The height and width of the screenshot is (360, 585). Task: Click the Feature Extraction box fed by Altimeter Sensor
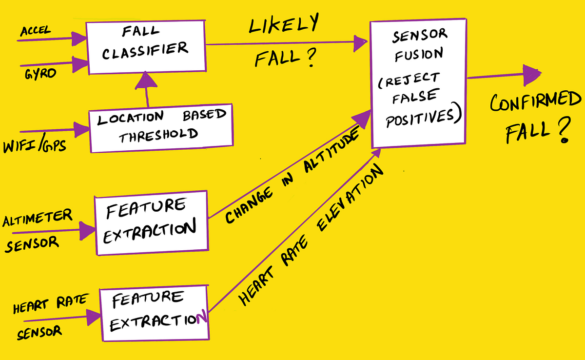point(151,224)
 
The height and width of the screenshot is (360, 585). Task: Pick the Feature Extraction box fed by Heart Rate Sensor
point(155,315)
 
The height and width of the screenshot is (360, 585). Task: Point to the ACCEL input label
point(36,32)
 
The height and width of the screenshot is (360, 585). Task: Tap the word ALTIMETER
point(37,216)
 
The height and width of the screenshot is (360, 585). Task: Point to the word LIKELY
point(283,25)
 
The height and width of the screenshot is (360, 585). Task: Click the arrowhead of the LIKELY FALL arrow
point(360,43)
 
